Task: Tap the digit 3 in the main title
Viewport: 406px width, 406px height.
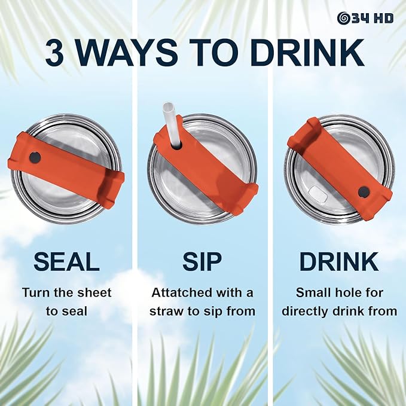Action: pyautogui.click(x=54, y=53)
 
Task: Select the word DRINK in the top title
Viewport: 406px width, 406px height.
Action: pyautogui.click(x=307, y=53)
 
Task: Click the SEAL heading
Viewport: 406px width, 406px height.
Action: pyautogui.click(x=66, y=261)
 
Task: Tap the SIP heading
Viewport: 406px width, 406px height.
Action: pyautogui.click(x=202, y=261)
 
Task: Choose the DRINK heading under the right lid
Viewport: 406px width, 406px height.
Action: pyautogui.click(x=339, y=261)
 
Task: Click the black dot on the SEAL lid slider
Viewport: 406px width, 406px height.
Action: pyautogui.click(x=35, y=157)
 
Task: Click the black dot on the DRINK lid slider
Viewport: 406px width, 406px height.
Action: pyautogui.click(x=364, y=192)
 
